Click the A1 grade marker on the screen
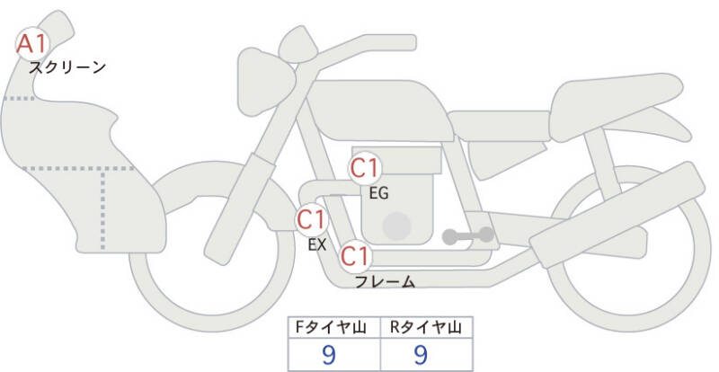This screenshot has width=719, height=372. tap(32, 44)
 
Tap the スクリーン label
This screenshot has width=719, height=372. tap(67, 68)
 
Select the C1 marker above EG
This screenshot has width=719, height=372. tap(365, 168)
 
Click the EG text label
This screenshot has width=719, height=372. tap(378, 193)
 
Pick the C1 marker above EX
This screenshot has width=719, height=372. tap(312, 219)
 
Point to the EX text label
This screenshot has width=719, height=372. tap(317, 245)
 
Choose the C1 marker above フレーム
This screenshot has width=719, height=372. tap(355, 256)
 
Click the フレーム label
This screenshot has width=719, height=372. tap(385, 281)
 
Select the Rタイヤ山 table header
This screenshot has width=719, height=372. tap(426, 327)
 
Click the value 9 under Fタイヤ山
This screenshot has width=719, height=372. tap(329, 355)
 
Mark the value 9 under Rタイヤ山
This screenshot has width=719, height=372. tap(421, 355)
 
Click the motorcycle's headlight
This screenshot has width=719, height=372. tap(265, 81)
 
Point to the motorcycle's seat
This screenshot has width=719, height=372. tap(616, 106)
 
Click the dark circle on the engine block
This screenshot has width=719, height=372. tap(396, 226)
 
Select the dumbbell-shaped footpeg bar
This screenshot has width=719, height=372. tap(467, 235)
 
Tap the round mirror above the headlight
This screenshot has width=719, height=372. tap(298, 45)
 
